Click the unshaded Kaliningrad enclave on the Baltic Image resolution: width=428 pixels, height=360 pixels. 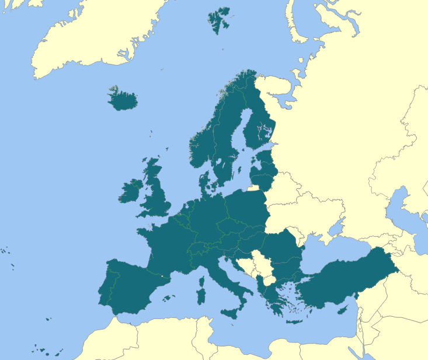pos(254,188)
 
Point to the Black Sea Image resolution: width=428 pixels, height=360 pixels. pos(333,248)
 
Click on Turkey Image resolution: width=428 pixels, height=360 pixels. pos(345,278)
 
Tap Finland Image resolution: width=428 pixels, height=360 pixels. pos(257,126)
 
